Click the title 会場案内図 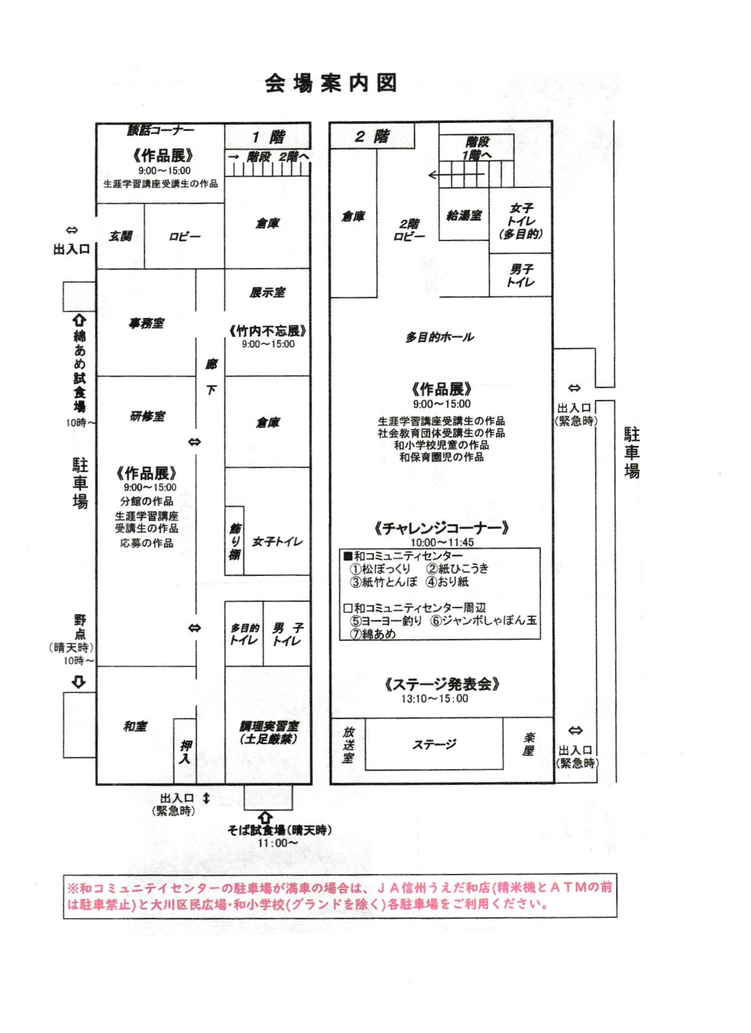pyautogui.click(x=331, y=83)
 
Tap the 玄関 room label pyautogui.click(x=120, y=236)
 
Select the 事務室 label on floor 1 pyautogui.click(x=146, y=323)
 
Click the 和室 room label pyautogui.click(x=135, y=726)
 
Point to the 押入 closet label pyautogui.click(x=185, y=752)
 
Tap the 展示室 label pyautogui.click(x=268, y=293)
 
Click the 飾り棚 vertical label pyautogui.click(x=235, y=541)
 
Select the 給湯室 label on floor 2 pyautogui.click(x=464, y=215)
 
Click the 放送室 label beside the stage pyautogui.click(x=348, y=744)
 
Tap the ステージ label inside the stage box pyautogui.click(x=434, y=744)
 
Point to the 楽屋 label pyautogui.click(x=528, y=744)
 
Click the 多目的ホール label pyautogui.click(x=439, y=337)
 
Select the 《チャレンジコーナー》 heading pyautogui.click(x=442, y=528)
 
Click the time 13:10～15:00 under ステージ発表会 pyautogui.click(x=434, y=699)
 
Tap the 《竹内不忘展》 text pyautogui.click(x=268, y=331)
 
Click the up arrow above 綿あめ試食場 pyautogui.click(x=79, y=320)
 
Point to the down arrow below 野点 pyautogui.click(x=79, y=682)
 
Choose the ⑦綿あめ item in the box pyautogui.click(x=374, y=634)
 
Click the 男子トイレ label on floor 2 pyautogui.click(x=521, y=275)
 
